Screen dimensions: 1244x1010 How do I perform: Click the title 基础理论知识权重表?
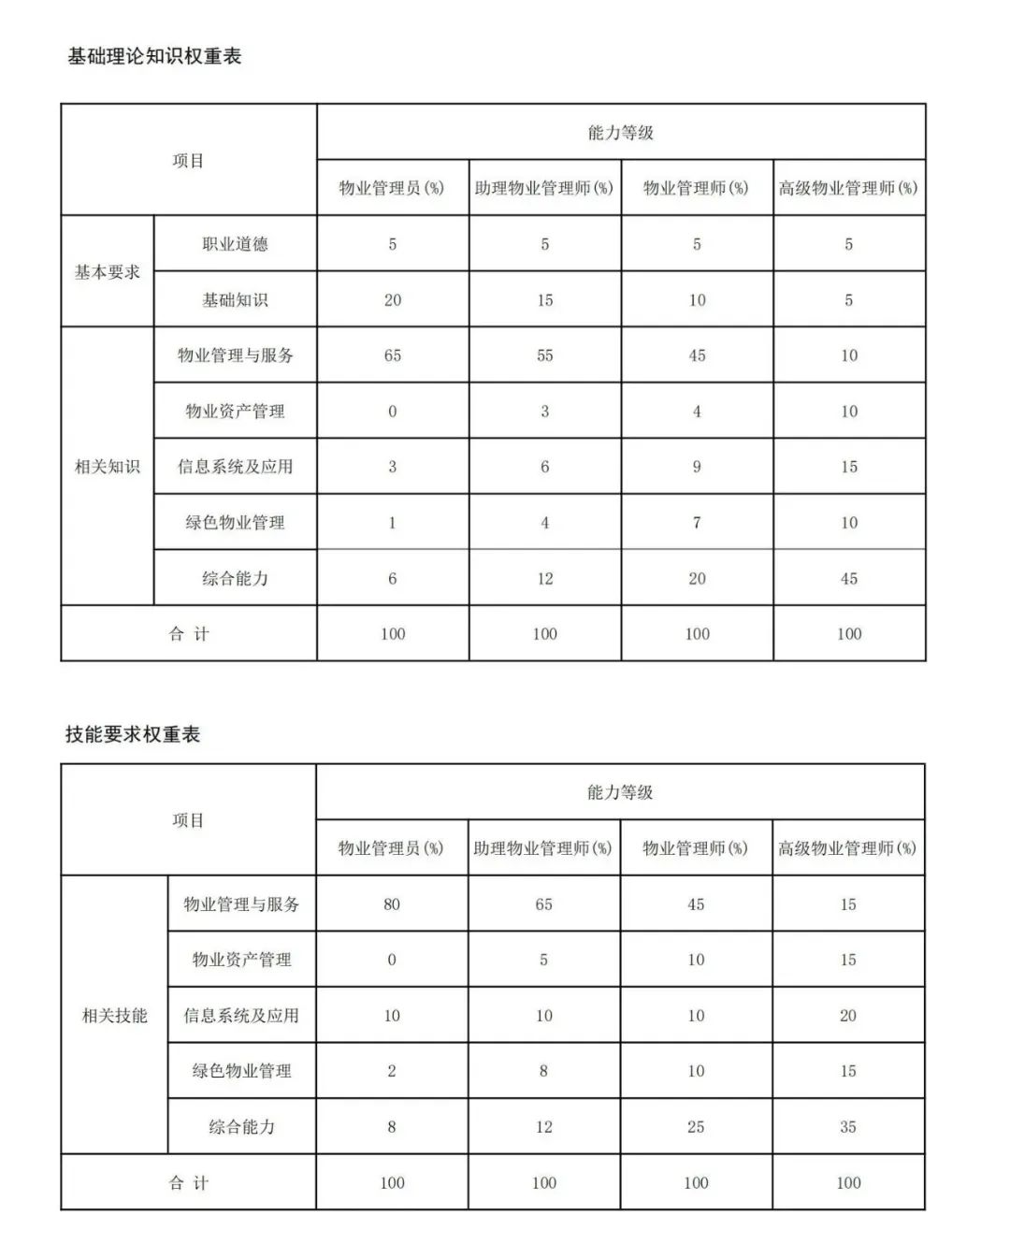pyautogui.click(x=154, y=56)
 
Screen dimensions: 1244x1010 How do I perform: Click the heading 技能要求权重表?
pyautogui.click(x=133, y=734)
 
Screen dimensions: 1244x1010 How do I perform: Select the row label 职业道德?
pyautogui.click(x=235, y=244)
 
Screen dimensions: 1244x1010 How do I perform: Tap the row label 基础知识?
pyautogui.click(x=235, y=300)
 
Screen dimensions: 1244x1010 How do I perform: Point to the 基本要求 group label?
pyautogui.click(x=108, y=272)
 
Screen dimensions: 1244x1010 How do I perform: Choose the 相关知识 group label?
pyautogui.click(x=108, y=467)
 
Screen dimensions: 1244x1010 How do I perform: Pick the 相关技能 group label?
pyautogui.click(x=115, y=1015)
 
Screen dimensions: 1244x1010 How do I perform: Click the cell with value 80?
pyautogui.click(x=392, y=904)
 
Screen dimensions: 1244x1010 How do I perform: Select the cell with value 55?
pyautogui.click(x=545, y=355)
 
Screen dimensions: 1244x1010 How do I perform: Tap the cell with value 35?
pyautogui.click(x=848, y=1127)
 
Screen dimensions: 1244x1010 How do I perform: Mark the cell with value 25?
pyautogui.click(x=696, y=1127)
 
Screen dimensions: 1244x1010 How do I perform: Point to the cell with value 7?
pyautogui.click(x=697, y=523)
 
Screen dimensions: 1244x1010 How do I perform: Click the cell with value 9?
pyautogui.click(x=697, y=467)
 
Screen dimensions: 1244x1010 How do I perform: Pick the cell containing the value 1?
pyautogui.click(x=393, y=523)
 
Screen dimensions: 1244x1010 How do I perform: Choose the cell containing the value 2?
pyautogui.click(x=392, y=1071)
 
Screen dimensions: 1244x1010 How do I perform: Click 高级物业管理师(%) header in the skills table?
pyautogui.click(x=847, y=848)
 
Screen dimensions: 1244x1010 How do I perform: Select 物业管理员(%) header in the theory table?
pyautogui.click(x=392, y=188)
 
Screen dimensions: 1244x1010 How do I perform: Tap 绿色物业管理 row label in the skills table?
pyautogui.click(x=241, y=1071)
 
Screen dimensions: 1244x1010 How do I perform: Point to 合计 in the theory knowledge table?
pyautogui.click(x=189, y=634)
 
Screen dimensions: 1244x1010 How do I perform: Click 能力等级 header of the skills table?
pyautogui.click(x=620, y=792)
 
